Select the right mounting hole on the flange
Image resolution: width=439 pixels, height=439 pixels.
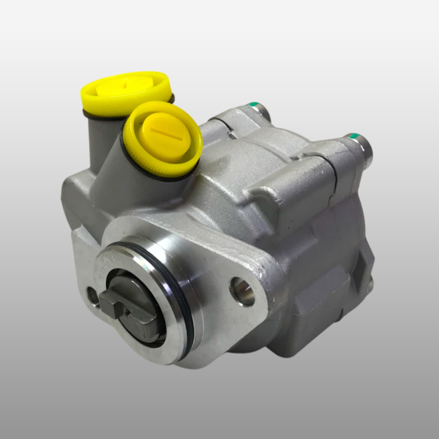[x=242, y=291]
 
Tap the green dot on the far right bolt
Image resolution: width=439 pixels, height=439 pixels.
[x=353, y=137]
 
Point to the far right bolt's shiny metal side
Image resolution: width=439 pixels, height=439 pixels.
[x=364, y=151]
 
